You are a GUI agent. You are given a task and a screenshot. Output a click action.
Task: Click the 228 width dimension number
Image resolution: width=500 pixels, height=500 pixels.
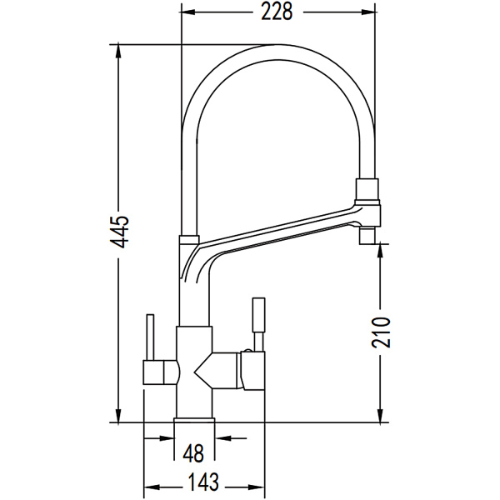pos(277,12)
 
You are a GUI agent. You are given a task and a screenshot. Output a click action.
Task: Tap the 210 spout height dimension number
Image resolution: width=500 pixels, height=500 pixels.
pos(381,332)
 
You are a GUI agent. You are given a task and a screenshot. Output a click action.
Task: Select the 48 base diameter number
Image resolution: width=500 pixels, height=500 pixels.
pos(194,453)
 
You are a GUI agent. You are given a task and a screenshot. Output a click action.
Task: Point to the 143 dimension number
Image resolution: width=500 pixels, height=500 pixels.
pos(204,482)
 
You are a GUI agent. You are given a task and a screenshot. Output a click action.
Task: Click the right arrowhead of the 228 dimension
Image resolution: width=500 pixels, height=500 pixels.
pos(367,12)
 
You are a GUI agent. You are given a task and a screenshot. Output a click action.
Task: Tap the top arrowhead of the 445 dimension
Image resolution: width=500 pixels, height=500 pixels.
pos(118,52)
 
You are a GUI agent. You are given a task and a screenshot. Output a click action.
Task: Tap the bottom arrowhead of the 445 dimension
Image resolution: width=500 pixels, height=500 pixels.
pos(118,416)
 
